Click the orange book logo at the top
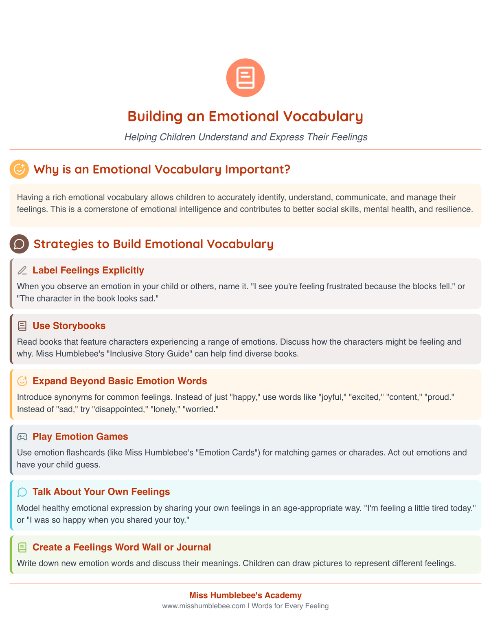245,77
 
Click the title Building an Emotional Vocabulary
245,116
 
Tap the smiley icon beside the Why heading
19,169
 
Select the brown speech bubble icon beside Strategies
19,244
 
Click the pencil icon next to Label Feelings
22,271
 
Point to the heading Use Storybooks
69,326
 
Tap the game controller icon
22,437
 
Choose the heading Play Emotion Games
80,437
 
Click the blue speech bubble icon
22,492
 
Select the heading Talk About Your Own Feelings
101,492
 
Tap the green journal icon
22,548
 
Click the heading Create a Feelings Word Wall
121,548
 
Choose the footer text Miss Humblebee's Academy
245,595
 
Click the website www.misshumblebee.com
203,606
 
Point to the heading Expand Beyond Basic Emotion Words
120,381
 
